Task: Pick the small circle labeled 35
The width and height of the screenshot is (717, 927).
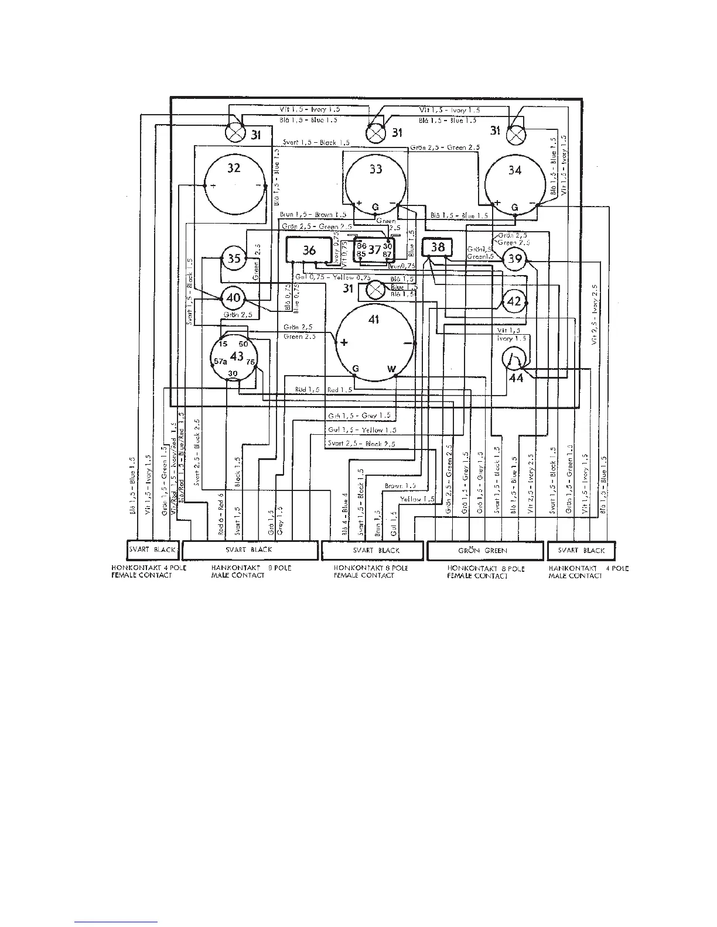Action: (234, 258)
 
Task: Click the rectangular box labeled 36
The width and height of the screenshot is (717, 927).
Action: (308, 250)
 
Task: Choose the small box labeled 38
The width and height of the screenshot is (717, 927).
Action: (438, 247)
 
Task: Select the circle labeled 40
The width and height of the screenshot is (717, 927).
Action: (233, 298)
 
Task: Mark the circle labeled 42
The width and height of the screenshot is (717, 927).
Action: (514, 301)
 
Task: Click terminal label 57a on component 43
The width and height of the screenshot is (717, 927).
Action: (220, 362)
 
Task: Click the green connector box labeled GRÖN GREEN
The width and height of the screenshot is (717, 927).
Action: (483, 550)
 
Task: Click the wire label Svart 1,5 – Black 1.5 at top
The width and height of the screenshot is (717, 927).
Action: (316, 142)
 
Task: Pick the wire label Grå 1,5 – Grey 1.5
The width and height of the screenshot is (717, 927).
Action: (361, 416)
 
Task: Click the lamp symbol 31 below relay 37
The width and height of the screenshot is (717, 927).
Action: (375, 289)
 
